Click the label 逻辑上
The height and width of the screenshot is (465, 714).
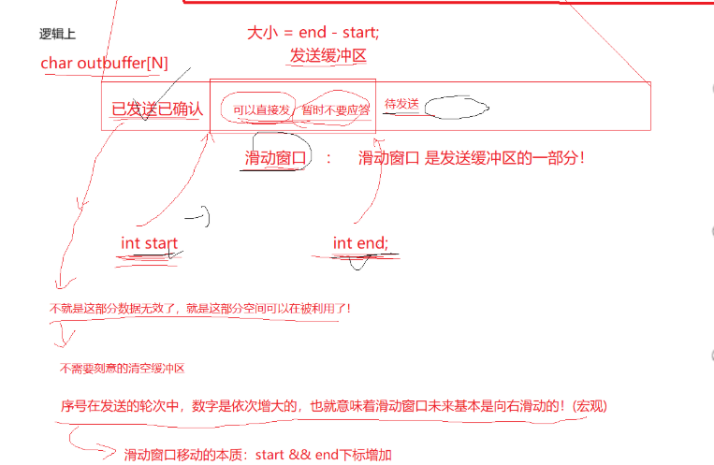click(x=57, y=35)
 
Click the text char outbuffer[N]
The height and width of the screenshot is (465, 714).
click(x=105, y=62)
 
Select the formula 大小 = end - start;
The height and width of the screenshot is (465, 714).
click(x=313, y=33)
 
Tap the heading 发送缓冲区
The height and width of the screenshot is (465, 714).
click(x=327, y=55)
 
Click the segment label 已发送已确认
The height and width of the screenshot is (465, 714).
click(x=156, y=109)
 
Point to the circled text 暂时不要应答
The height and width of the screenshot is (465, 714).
click(x=336, y=109)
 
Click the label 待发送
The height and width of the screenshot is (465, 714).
click(x=401, y=104)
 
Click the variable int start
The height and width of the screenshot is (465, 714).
click(x=149, y=243)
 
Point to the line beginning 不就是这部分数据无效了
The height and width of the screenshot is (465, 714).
click(x=200, y=308)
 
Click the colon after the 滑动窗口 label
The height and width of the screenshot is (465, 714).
click(x=329, y=158)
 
